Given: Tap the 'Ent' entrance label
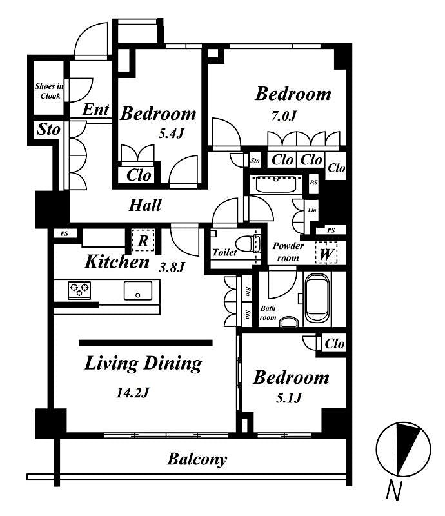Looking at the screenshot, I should click(96, 110).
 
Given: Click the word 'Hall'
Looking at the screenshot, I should click(145, 206).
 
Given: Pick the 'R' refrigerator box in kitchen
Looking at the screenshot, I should click(144, 241).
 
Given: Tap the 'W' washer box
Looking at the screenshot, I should click(326, 253).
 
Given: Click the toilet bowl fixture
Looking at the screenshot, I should click(247, 244).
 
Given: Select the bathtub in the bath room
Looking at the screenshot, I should click(317, 299).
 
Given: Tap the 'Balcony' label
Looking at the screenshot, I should click(197, 459).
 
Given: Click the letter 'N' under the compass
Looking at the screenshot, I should click(393, 491).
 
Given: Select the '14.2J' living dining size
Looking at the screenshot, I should click(135, 392).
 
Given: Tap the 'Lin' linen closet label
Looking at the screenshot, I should click(312, 211).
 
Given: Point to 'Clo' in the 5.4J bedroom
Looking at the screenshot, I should click(139, 175).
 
